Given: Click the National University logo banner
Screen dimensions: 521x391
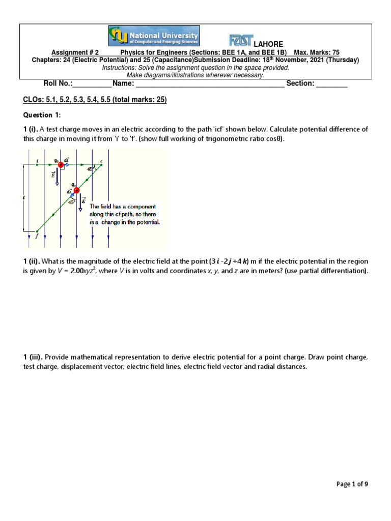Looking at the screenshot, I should pos(154,36).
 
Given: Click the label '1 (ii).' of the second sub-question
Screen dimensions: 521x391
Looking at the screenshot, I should pos(32,262).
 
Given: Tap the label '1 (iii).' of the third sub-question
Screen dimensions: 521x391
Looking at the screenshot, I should pos(33,357).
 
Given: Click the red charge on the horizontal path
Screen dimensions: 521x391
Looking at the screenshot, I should pos(61,164).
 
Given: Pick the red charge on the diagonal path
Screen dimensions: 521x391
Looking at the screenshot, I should pos(77,190).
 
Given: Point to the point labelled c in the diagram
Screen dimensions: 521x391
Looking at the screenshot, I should pos(101,161).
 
